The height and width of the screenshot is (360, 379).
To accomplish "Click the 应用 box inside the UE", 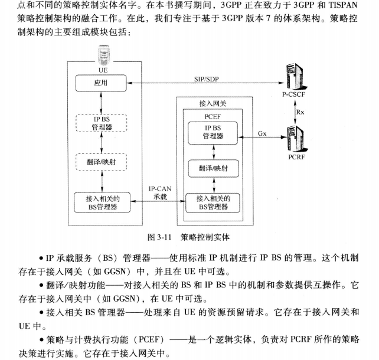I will (101, 84).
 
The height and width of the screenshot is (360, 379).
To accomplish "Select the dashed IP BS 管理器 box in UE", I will (101, 123).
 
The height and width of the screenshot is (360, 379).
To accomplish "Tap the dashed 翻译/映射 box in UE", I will (101, 161).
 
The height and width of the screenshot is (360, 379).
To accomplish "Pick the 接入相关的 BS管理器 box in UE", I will (101, 202).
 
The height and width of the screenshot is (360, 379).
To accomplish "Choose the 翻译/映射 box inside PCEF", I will (213, 168).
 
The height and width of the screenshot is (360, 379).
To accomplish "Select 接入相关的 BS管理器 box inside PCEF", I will (213, 202).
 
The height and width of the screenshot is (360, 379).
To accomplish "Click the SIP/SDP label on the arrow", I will (208, 78).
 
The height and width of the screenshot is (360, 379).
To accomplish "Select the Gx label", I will (262, 133).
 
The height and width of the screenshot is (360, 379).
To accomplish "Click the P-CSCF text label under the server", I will (295, 94).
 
